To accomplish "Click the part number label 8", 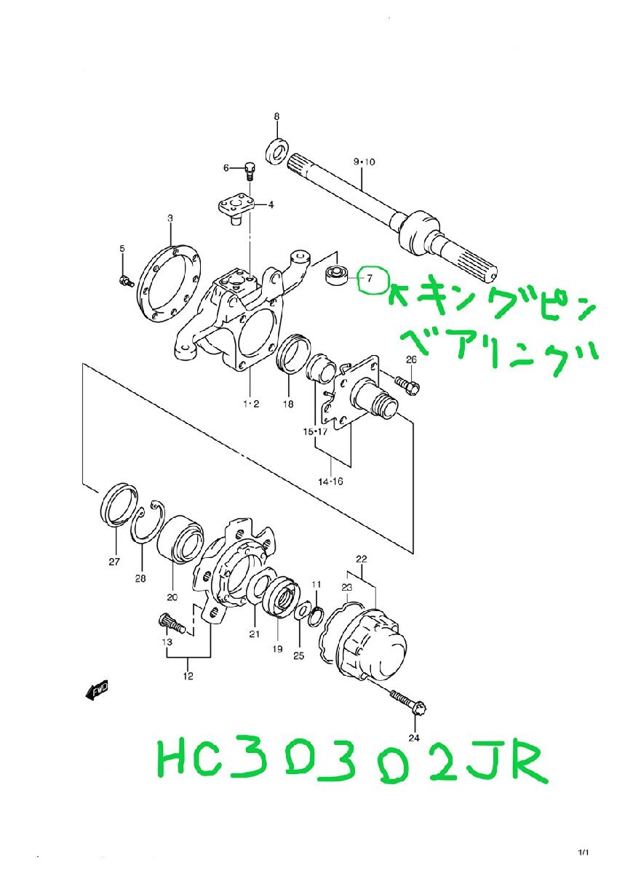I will pyautogui.click(x=276, y=116).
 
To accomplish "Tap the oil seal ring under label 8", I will pyautogui.click(x=276, y=150).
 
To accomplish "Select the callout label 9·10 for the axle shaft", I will pyautogui.click(x=363, y=162).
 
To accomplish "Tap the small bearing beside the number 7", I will pyautogui.click(x=336, y=276).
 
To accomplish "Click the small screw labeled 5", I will pyautogui.click(x=124, y=279).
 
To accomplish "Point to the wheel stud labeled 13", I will pyautogui.click(x=172, y=624).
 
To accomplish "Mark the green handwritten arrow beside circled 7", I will pyautogui.click(x=398, y=294).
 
